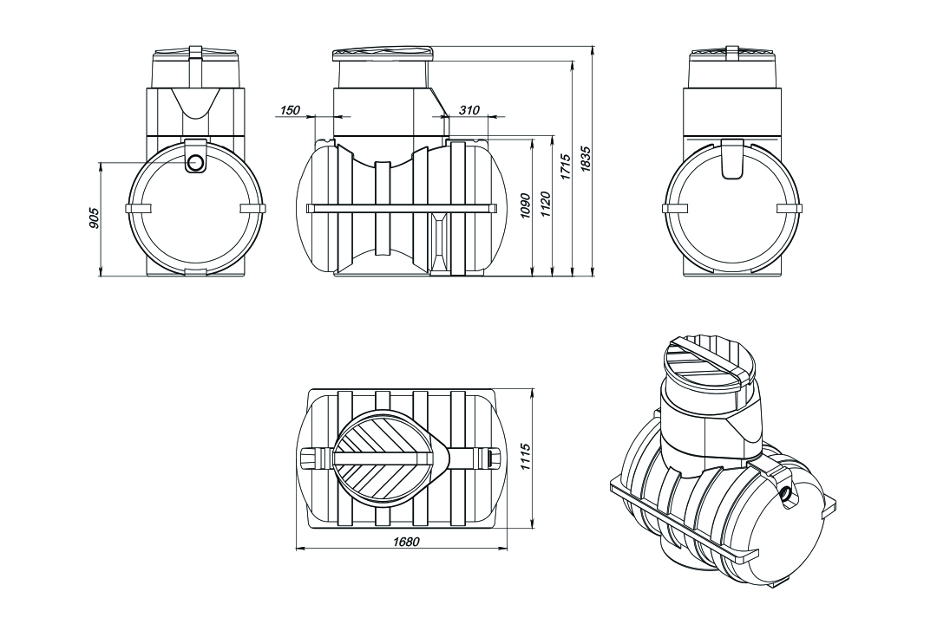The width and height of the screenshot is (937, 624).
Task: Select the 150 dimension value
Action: click(x=290, y=111)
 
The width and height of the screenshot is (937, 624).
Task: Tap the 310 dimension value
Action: click(x=469, y=111)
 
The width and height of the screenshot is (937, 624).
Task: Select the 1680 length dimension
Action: click(x=404, y=543)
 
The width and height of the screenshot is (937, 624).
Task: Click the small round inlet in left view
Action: click(x=195, y=162)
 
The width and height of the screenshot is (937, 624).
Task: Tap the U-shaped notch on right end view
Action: click(x=731, y=162)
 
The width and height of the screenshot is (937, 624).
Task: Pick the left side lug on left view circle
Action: click(x=139, y=209)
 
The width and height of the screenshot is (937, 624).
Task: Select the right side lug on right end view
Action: click(x=790, y=209)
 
